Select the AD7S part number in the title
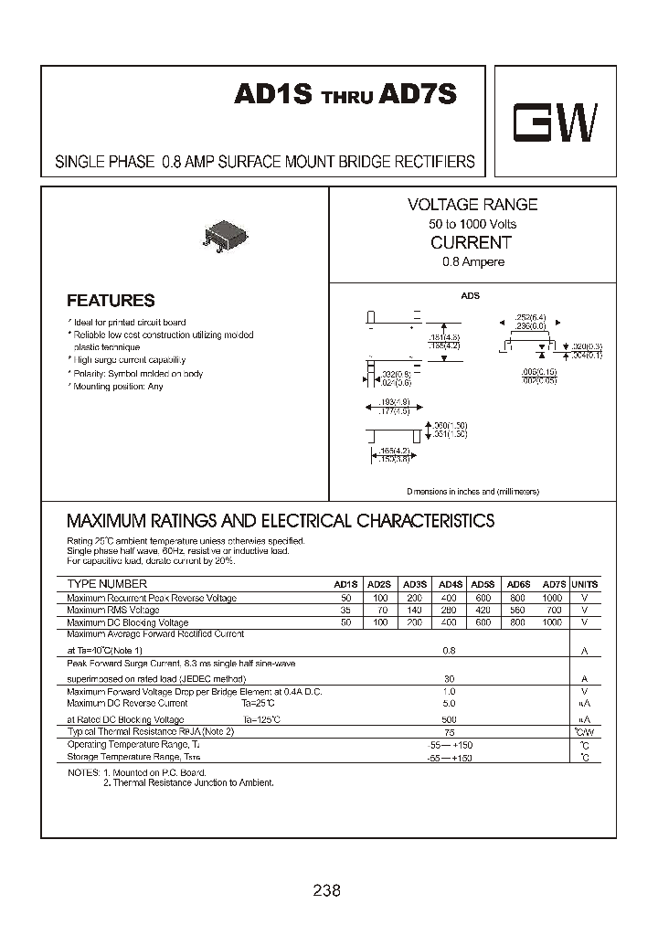tap(418, 96)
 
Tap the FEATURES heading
tap(111, 301)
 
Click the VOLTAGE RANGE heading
tap(472, 206)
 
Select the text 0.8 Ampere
tap(472, 262)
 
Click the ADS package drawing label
tap(471, 296)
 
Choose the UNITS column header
tap(584, 584)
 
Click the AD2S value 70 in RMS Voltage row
tap(378, 610)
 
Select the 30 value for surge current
tap(450, 679)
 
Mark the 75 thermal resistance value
tap(450, 732)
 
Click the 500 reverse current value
tap(450, 719)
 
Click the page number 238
tap(326, 889)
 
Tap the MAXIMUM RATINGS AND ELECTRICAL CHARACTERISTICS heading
tap(281, 521)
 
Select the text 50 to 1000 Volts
tap(472, 225)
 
